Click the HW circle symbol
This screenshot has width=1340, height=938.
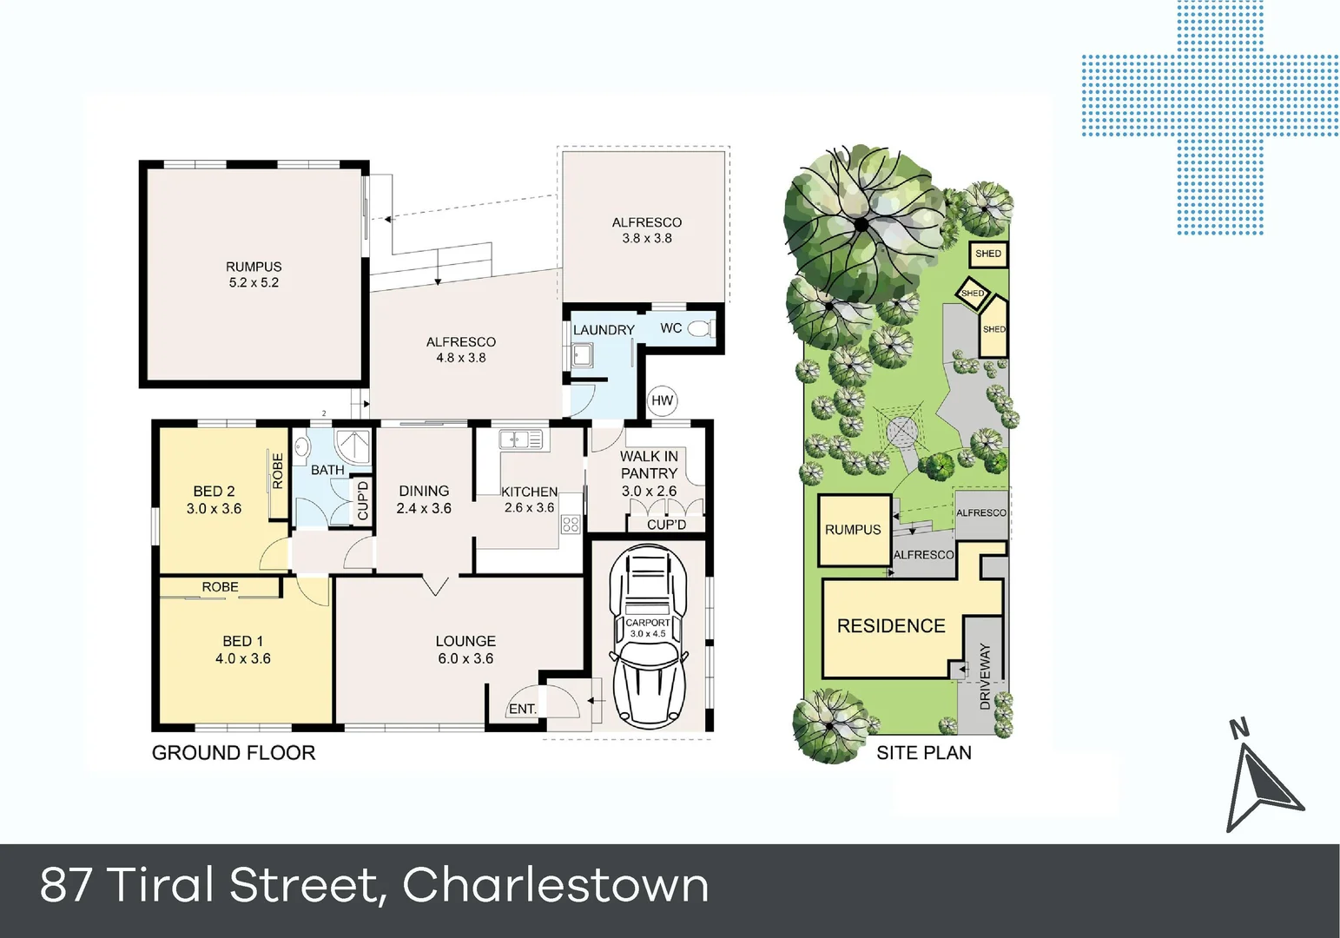[x=662, y=400]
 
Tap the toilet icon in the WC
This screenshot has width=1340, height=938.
[x=700, y=328]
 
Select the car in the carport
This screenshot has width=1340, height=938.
[x=647, y=637]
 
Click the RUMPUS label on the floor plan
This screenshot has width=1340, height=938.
[x=254, y=267]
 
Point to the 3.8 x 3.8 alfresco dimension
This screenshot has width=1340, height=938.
[x=646, y=238]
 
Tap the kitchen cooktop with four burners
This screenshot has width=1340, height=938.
[x=571, y=524]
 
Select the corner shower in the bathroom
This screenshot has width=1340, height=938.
[x=354, y=446]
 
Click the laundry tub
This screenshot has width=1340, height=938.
[x=582, y=355]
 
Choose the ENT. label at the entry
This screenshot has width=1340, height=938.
[x=522, y=709]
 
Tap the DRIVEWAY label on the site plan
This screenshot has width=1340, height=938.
[x=985, y=677]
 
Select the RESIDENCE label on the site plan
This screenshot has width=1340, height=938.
[x=890, y=626]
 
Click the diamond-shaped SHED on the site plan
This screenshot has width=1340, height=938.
[x=973, y=293]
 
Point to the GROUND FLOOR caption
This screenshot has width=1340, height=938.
[x=233, y=753]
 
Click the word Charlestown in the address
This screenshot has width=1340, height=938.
[x=555, y=885]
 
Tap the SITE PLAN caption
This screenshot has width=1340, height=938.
[x=923, y=753]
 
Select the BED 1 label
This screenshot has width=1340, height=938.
[x=242, y=641]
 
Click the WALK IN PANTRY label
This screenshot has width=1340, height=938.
[x=649, y=465]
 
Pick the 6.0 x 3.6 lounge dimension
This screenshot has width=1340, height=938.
[x=465, y=658]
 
